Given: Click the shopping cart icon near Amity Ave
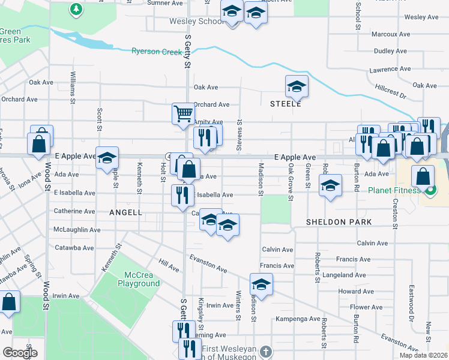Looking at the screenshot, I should tap(183, 112).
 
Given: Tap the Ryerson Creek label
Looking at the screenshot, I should tap(157, 52).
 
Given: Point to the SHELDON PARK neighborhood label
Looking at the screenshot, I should tap(339, 222).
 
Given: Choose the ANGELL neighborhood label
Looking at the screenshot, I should tap(125, 212).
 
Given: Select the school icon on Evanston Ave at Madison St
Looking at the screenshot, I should tap(261, 284).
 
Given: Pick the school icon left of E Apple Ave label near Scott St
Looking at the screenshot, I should tap(107, 158).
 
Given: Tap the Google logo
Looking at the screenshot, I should tap(20, 353).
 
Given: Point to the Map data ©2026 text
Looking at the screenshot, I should tap(424, 355).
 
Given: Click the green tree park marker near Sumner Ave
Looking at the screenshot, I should tap(76, 9).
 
